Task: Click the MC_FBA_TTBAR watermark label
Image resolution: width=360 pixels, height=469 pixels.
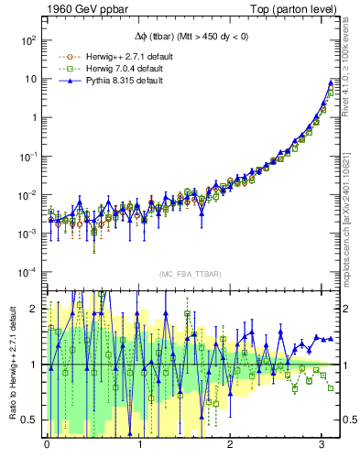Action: [187, 275]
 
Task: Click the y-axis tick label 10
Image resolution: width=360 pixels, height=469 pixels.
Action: [29, 79]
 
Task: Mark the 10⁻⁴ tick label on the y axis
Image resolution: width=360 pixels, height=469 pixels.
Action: [26, 272]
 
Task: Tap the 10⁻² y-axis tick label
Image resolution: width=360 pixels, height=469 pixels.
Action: [26, 195]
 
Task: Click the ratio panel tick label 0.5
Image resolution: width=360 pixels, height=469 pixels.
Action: [29, 420]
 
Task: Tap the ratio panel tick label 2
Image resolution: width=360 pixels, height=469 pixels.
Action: [33, 309]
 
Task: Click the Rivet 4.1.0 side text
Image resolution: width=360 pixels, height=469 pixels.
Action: [350, 60]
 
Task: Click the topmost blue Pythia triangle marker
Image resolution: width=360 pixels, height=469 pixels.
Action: [331, 82]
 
